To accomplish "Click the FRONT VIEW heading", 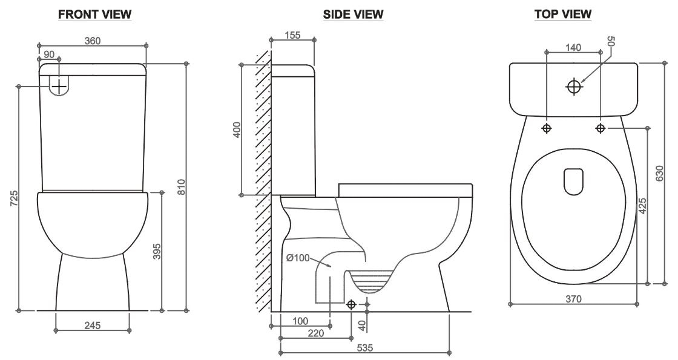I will (x=94, y=15).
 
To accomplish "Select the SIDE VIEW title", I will (x=354, y=15).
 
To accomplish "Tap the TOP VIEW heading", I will (x=563, y=15).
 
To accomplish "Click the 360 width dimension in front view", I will (x=92, y=41).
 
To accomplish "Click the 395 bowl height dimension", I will (x=157, y=251).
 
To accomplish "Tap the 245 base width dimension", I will (x=92, y=326).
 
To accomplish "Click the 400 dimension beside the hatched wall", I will (x=237, y=129).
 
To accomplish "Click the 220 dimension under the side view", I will (x=315, y=333).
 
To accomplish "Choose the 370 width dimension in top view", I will (x=573, y=298).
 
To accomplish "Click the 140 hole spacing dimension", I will (x=573, y=47).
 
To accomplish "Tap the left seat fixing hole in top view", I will (x=547, y=128).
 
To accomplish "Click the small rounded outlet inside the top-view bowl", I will (x=573, y=182).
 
